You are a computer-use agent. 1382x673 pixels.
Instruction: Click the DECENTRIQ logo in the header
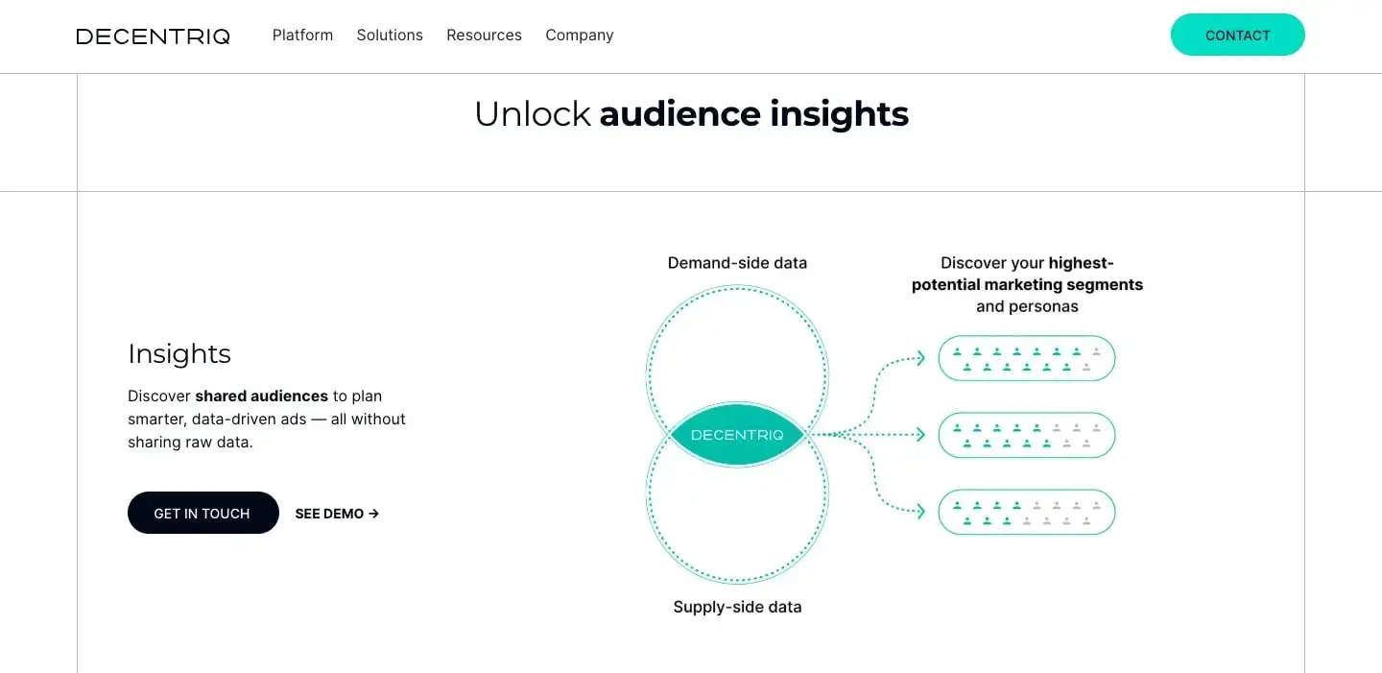coord(153,36)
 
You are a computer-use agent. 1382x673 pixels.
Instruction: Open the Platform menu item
coord(302,36)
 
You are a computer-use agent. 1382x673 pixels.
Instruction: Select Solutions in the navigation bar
coord(390,36)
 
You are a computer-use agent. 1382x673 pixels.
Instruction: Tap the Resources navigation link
coord(484,36)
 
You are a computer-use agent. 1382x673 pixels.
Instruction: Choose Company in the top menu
coord(580,36)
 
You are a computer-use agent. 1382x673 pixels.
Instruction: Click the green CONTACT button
coord(1237,36)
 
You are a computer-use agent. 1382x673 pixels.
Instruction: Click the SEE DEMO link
coord(337,514)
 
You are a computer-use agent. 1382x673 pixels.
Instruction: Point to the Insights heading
coord(179,353)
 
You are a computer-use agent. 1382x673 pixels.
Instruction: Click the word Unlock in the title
coord(533,114)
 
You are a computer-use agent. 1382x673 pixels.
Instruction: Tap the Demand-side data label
coord(737,263)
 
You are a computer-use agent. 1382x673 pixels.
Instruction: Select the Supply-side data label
coord(737,607)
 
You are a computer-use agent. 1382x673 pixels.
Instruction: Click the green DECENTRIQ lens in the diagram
coord(737,435)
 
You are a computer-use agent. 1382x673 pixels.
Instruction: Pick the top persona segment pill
coord(1026,358)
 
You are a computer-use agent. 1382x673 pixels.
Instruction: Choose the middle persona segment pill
coord(1026,435)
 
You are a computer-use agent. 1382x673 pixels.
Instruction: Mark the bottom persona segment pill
coord(1026,512)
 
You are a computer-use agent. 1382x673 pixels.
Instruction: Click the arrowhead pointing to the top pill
coord(919,358)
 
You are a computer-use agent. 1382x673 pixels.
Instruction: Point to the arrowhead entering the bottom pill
coord(919,512)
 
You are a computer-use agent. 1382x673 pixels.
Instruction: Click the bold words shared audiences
coord(262,396)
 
